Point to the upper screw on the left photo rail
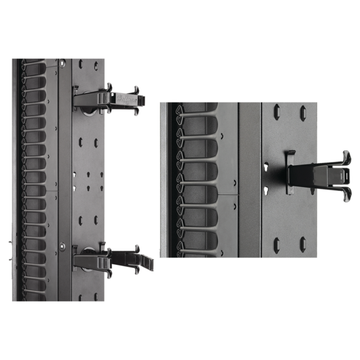[62, 63]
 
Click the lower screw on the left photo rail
[62, 246]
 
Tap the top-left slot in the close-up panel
[276, 111]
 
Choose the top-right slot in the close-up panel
[302, 113]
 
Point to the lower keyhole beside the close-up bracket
[265, 190]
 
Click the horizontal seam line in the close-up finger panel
[228, 194]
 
